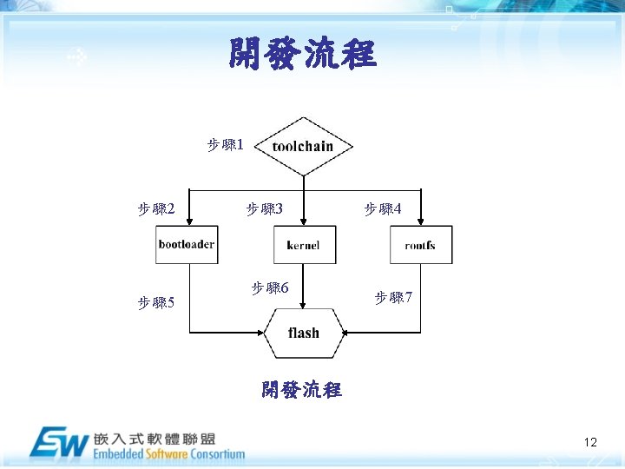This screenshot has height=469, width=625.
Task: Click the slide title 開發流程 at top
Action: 302,55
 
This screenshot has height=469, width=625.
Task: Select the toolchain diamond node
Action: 303,146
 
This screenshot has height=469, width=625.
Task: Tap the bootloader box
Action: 186,245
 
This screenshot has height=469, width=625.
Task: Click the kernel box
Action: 303,245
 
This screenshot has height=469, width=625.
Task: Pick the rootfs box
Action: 420,245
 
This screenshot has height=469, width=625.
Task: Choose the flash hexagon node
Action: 303,333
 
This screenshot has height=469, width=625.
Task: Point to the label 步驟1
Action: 225,143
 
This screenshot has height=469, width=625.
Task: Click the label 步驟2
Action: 157,208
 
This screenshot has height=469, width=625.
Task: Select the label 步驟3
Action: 265,208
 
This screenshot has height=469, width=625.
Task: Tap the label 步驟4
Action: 383,208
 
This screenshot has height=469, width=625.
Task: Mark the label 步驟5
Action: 157,302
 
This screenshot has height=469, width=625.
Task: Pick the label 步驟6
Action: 270,287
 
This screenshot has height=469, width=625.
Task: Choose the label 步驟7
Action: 393,298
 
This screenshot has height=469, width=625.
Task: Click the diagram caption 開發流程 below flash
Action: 301,389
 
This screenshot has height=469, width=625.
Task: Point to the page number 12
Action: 590,443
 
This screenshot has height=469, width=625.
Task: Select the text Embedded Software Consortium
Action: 168,454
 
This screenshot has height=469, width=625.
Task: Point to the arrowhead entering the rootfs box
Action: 420,221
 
